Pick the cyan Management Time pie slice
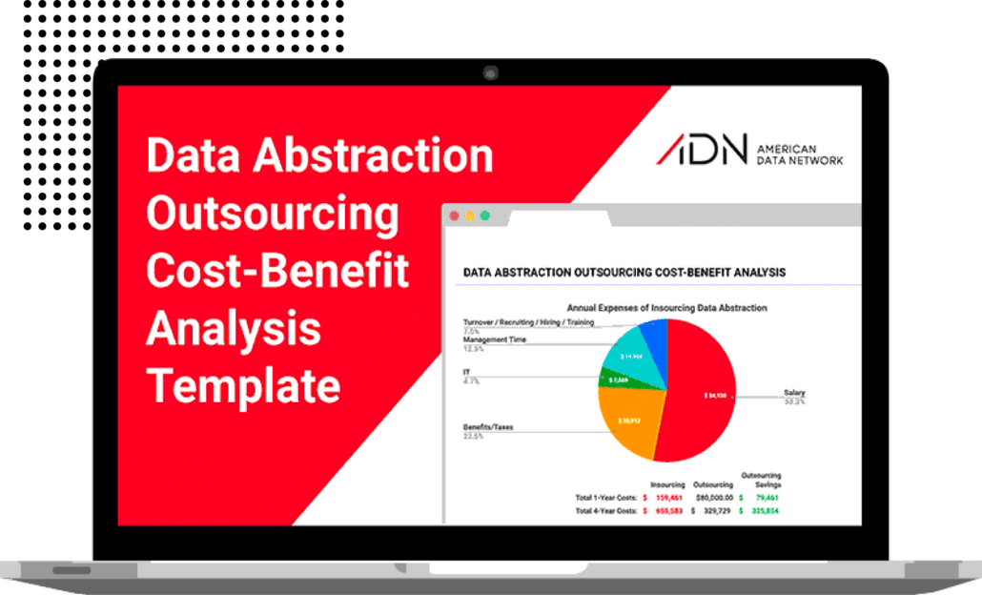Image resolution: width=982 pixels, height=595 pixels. (630, 352)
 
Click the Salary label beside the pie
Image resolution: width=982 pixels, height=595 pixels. (793, 392)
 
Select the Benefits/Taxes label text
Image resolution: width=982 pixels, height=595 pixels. (488, 427)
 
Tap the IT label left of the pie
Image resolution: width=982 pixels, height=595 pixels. (467, 372)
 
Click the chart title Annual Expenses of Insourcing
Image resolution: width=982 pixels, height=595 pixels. (666, 308)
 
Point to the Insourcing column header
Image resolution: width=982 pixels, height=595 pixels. (667, 484)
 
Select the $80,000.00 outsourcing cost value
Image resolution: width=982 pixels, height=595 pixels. (714, 497)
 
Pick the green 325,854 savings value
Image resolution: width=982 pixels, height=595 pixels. (764, 511)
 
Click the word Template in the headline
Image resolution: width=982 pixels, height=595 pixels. (243, 385)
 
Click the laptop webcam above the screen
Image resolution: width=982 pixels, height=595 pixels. (490, 72)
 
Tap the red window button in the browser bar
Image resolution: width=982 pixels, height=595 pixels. (454, 215)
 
